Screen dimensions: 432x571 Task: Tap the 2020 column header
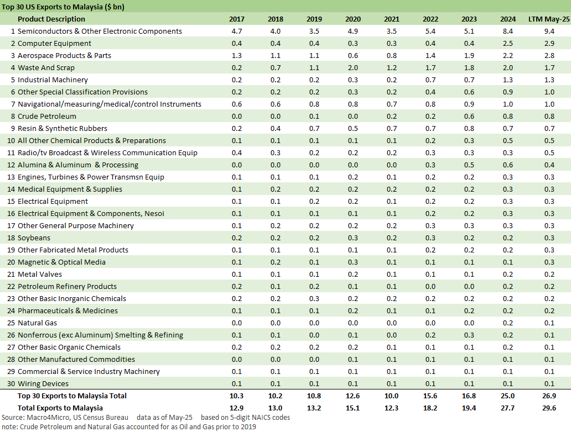coord(353,19)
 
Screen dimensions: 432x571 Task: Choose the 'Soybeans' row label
coord(34,238)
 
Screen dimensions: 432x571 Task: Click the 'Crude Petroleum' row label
coord(47,117)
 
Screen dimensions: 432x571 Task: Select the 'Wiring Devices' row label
coord(43,384)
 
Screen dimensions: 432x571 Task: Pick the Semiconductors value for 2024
coord(508,31)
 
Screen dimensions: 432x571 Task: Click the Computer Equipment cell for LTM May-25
coord(549,44)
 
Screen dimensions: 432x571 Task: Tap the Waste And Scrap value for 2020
coord(353,68)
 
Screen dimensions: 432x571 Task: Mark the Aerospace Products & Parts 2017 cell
coord(237,56)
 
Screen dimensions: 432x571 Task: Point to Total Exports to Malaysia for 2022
coord(430,408)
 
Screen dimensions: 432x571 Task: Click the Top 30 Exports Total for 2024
coord(508,396)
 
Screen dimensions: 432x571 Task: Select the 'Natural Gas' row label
coord(37,323)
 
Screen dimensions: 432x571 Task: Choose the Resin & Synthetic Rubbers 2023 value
coord(469,129)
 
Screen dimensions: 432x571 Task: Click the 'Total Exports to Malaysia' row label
coord(60,408)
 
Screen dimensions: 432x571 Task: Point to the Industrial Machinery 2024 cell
coord(508,80)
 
